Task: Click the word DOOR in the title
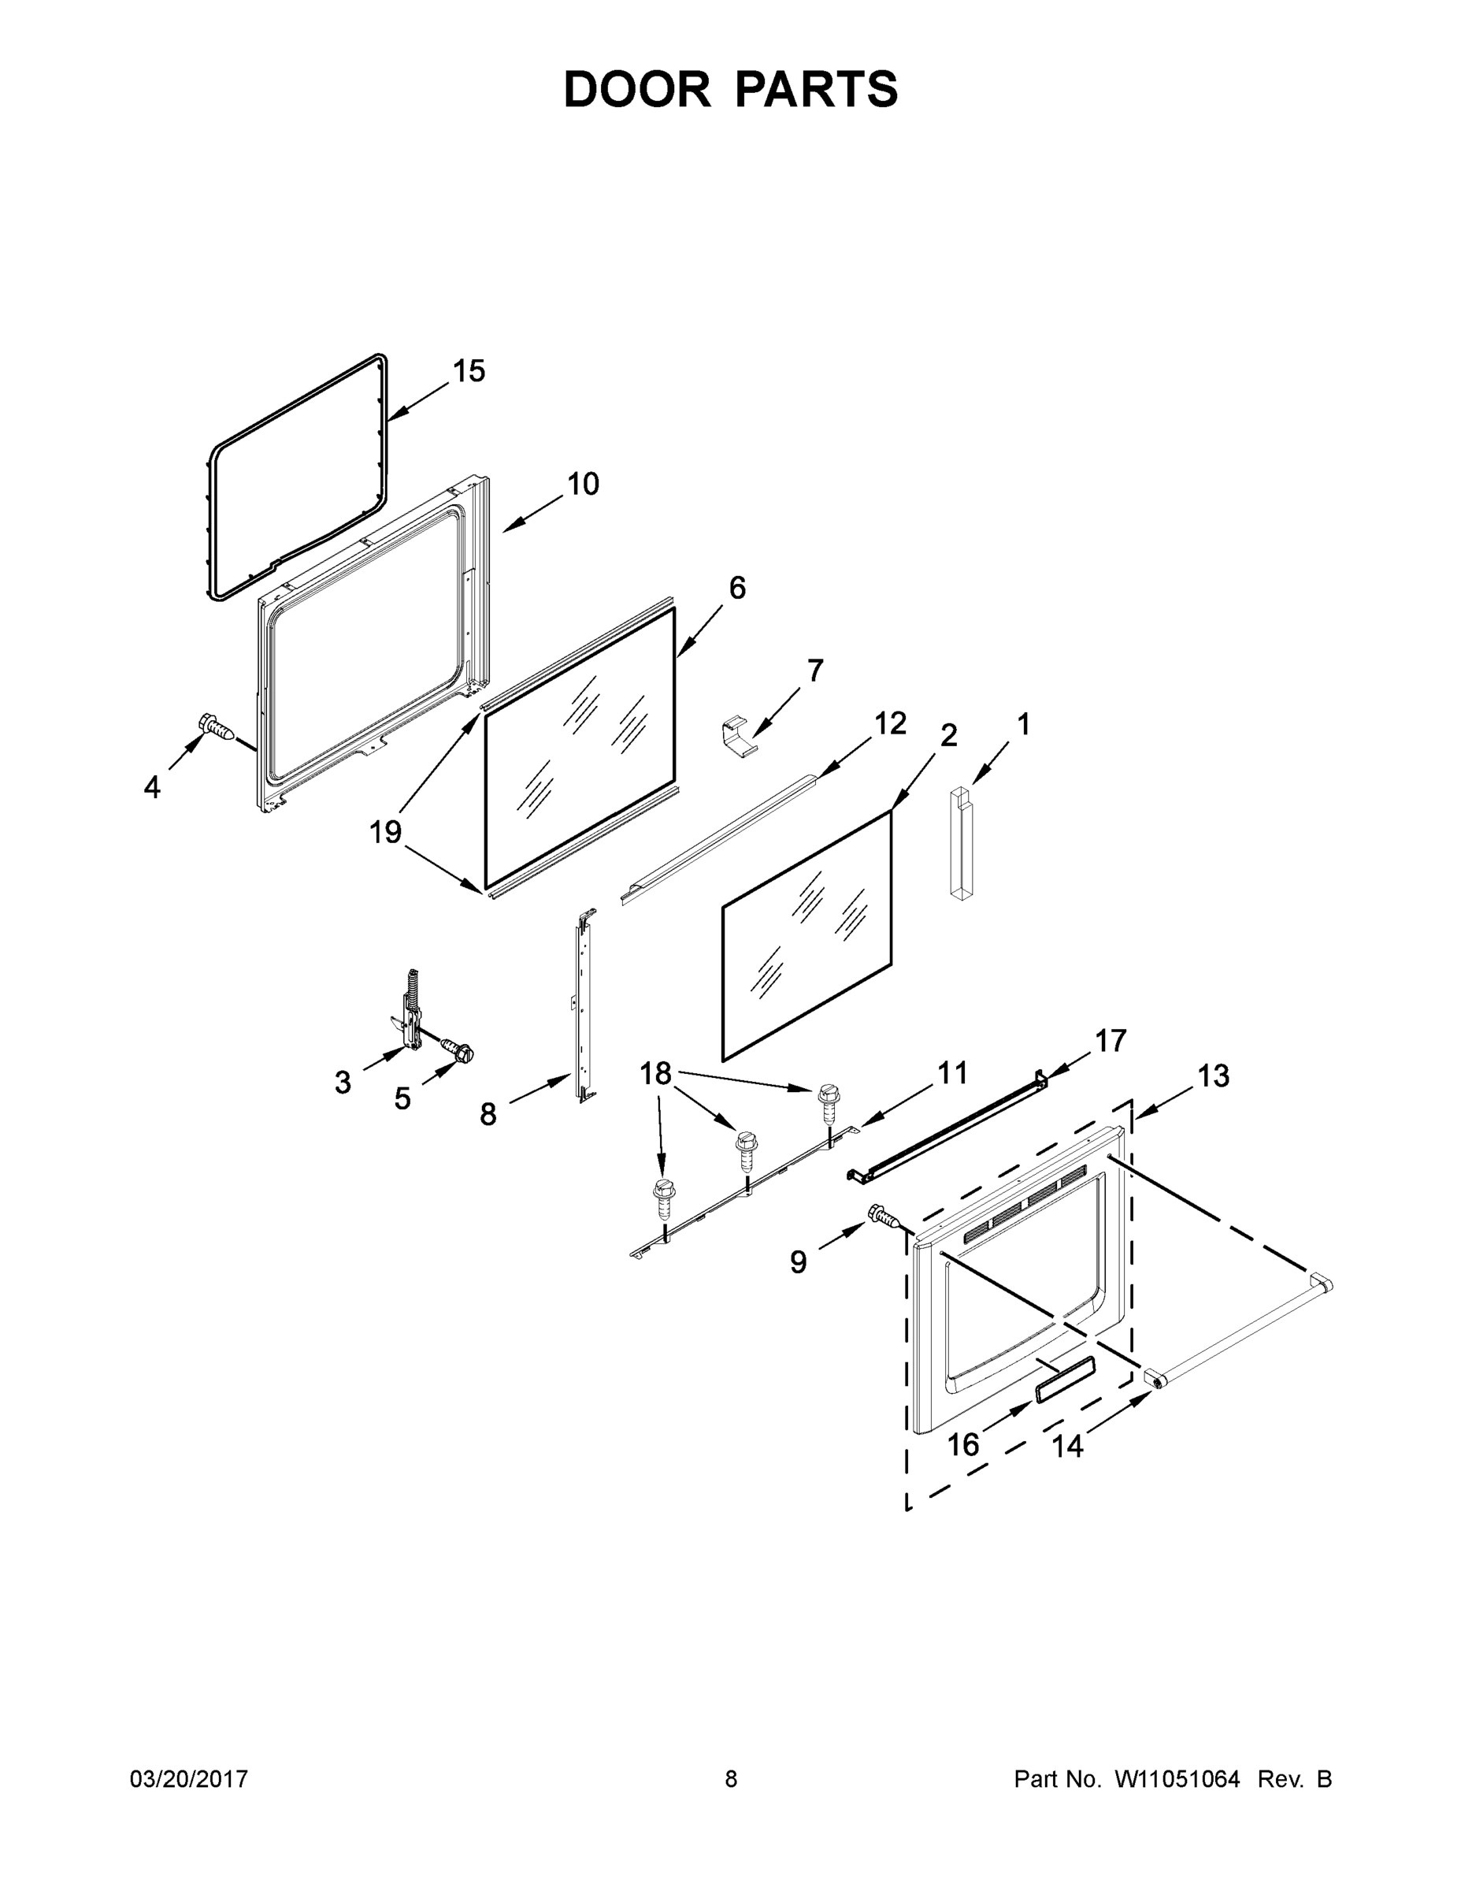[x=637, y=90]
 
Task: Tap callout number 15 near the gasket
[x=469, y=371]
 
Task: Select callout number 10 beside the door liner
[x=583, y=484]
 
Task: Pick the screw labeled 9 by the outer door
[x=884, y=1216]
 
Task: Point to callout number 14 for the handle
[x=1066, y=1446]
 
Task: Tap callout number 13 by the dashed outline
[x=1213, y=1076]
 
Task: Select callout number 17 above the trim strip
[x=1111, y=1041]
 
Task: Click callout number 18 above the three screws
[x=655, y=1074]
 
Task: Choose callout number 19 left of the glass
[x=385, y=833]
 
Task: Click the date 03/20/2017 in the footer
[x=189, y=1779]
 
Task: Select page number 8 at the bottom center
[x=731, y=1779]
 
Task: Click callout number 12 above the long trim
[x=890, y=723]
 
